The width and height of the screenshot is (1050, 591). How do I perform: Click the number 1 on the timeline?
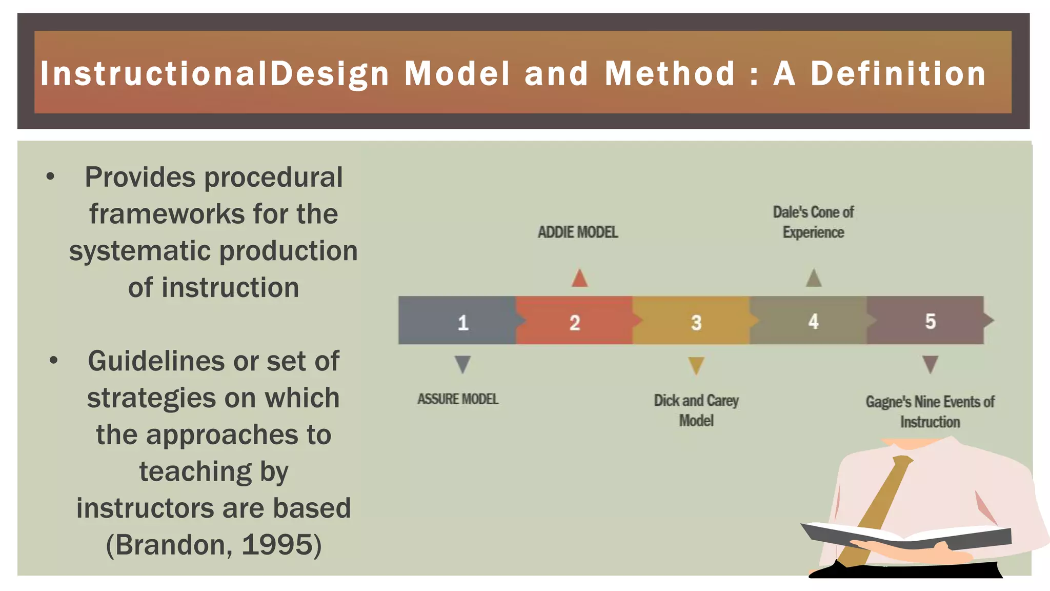pos(463,323)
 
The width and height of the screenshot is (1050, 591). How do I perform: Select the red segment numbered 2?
pos(574,321)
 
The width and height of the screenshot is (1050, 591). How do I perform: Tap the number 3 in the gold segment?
pos(696,323)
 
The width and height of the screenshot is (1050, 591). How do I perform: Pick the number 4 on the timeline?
pos(813,322)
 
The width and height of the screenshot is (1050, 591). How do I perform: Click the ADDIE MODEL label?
pos(578,232)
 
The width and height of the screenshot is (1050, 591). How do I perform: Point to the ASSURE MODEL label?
pos(458,399)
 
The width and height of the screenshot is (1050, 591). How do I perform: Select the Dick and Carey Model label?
pos(696,410)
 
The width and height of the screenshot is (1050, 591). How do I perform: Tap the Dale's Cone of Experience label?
pos(813,222)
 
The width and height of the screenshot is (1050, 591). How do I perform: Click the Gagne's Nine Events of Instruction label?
pos(930,412)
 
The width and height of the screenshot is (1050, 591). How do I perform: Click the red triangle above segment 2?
pos(579,279)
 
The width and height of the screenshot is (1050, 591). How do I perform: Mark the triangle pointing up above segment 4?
pos(814,279)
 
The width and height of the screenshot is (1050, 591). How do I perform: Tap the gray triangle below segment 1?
pos(462,364)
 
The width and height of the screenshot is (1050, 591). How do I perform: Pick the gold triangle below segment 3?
pos(696,365)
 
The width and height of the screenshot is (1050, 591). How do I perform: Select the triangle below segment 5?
pos(930,364)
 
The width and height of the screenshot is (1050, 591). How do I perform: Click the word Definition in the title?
pos(898,73)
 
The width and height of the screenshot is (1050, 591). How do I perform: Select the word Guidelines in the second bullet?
pos(156,361)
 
